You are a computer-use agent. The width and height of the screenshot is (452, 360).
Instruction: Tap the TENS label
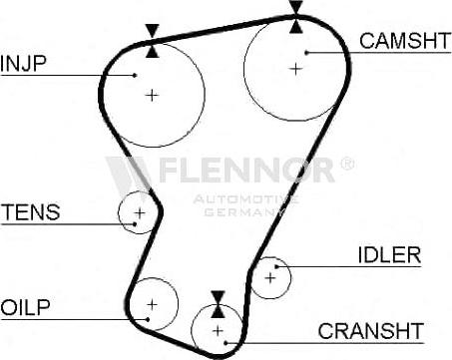(31, 212)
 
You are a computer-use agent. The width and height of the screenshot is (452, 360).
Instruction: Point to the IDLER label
(388, 254)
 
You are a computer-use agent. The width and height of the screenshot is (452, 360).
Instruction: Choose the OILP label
(26, 305)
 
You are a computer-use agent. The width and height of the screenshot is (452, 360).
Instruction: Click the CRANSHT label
(371, 330)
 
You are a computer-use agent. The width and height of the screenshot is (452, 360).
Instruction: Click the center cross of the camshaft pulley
(295, 68)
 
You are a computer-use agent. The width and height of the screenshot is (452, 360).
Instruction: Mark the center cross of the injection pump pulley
(152, 95)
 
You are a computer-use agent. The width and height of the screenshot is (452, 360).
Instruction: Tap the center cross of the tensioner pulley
(140, 212)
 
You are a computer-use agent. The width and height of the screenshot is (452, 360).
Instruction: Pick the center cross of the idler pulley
(270, 276)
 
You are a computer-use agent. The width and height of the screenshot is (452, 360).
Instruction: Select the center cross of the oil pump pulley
(152, 303)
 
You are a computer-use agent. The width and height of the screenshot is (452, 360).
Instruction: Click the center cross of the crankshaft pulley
(218, 329)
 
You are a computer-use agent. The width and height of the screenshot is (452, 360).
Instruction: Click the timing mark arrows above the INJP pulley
(151, 39)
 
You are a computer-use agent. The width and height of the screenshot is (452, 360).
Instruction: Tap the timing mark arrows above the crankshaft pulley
(218, 303)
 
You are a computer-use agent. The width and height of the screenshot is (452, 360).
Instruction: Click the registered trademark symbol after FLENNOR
(347, 161)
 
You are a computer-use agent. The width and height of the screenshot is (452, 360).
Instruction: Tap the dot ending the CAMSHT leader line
(308, 51)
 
